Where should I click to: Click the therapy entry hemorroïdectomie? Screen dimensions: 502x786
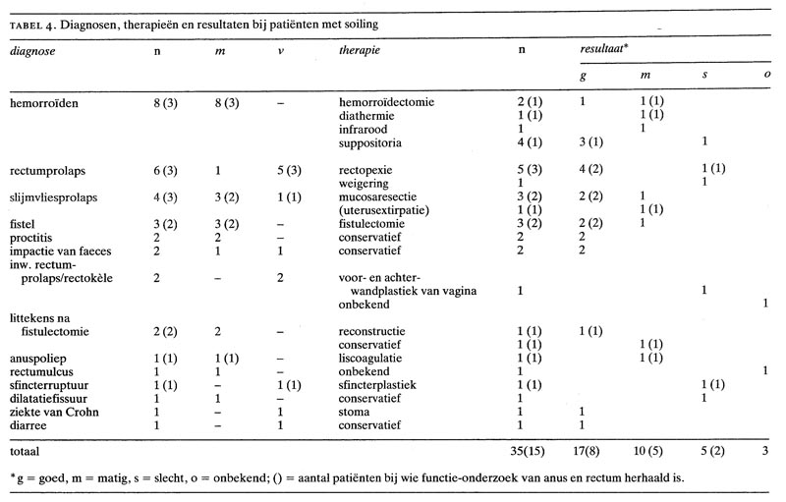point(384,101)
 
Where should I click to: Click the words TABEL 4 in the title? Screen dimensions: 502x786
point(38,22)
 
